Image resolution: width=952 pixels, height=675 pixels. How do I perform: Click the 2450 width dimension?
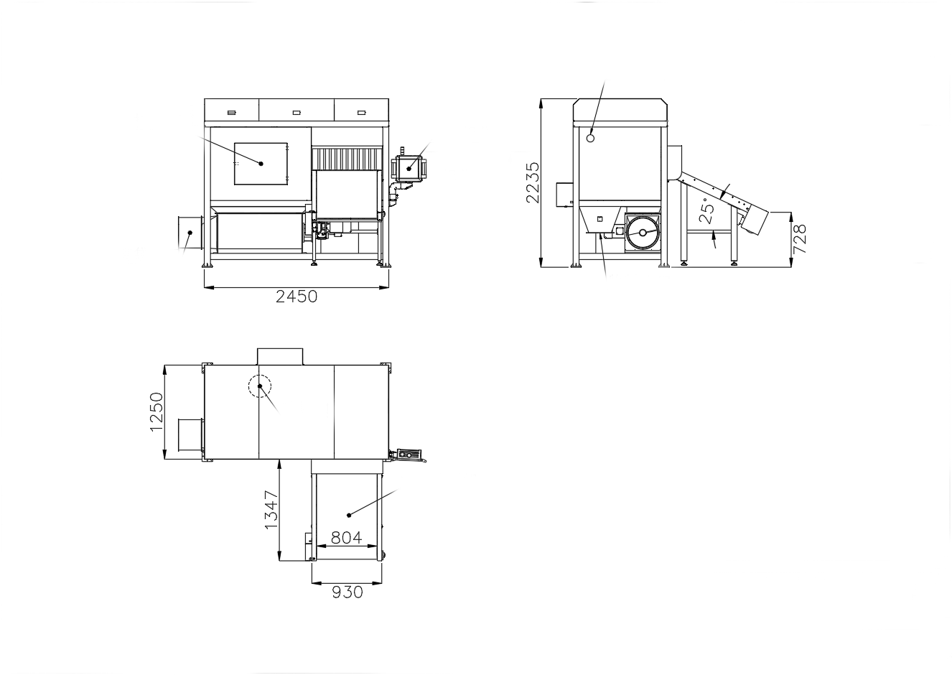pyautogui.click(x=297, y=297)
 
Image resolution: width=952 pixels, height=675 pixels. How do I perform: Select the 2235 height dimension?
pyautogui.click(x=533, y=182)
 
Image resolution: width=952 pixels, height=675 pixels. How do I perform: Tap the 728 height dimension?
pyautogui.click(x=799, y=238)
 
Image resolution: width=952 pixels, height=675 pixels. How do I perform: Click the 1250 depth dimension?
pyautogui.click(x=157, y=411)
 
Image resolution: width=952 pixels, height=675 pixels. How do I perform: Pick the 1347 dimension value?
pyautogui.click(x=271, y=510)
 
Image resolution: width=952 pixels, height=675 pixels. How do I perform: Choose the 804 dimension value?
pyautogui.click(x=346, y=538)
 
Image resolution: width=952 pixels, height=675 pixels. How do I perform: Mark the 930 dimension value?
pyautogui.click(x=347, y=592)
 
